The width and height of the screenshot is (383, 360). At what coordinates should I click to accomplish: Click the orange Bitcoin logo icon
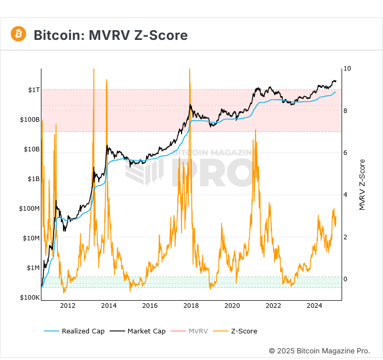coord(18,34)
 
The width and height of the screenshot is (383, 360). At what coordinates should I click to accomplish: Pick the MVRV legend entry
coord(198,331)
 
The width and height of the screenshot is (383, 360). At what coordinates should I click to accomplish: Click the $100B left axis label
coord(30,120)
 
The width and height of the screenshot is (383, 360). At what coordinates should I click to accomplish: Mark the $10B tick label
coord(32,149)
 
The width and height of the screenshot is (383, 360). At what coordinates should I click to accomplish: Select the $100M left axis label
coord(30,209)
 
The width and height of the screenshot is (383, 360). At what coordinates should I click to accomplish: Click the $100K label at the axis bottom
coord(30,298)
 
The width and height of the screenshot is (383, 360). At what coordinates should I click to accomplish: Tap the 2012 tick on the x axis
coord(68,306)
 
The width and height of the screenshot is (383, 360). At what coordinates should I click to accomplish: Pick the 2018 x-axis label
coord(191,306)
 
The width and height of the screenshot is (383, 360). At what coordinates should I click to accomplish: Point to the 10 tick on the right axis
coord(347,69)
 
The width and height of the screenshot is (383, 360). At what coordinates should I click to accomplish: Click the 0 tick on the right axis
coord(345,279)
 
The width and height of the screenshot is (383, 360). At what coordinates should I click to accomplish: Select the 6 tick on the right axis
coord(345,153)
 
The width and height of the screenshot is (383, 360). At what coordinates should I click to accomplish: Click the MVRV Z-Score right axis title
coord(362,185)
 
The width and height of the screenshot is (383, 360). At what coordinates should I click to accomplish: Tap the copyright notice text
coord(319,351)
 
